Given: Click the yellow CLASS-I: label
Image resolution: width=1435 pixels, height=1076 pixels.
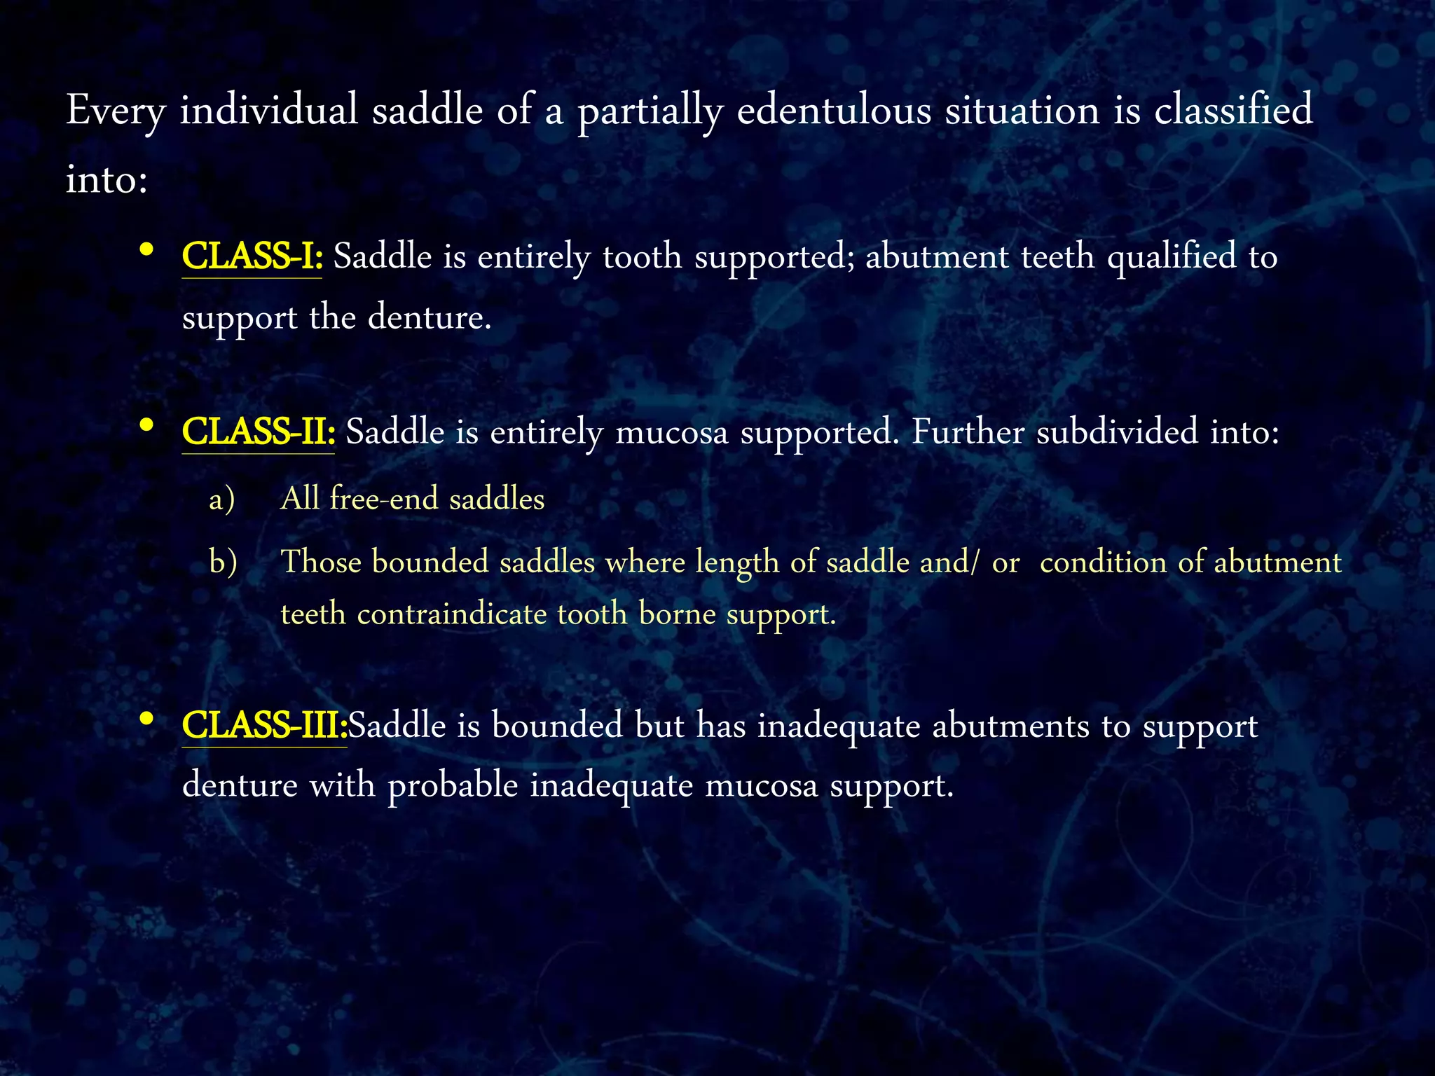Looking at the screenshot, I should point(252,256).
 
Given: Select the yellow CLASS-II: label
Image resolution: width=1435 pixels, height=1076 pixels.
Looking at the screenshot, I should point(258,432).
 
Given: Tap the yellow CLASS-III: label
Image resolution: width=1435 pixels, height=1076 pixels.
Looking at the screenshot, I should point(264,725).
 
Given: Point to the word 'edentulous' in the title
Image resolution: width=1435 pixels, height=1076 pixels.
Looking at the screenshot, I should point(834,111).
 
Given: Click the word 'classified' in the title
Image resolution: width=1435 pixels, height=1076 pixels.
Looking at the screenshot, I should point(1233,111).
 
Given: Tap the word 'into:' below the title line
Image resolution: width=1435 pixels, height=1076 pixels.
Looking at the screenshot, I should point(107,179).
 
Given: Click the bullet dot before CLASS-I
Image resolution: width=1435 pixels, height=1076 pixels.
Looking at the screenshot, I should point(146,249).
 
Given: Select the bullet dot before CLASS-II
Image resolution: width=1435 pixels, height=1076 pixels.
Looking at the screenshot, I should point(146,425).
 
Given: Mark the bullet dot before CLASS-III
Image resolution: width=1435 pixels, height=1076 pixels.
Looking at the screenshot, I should point(146,719).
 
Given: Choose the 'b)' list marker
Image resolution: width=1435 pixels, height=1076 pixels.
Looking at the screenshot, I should point(223,563).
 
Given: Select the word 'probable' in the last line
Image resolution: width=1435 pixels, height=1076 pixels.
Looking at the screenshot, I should point(453,785).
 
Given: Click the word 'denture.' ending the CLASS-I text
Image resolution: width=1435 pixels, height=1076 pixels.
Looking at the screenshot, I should point(430,317).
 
